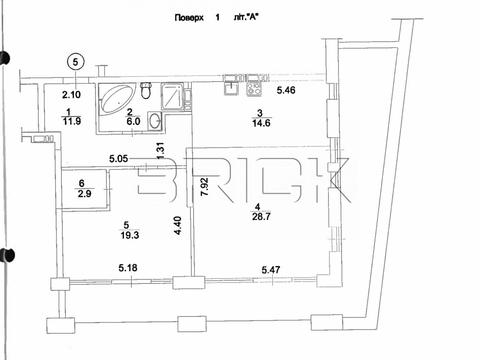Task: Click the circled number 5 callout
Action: click(x=76, y=62)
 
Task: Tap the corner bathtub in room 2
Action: click(x=117, y=99)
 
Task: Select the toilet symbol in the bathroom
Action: click(x=146, y=90)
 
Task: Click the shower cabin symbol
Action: click(x=172, y=96)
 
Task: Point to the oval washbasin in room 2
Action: click(x=155, y=120)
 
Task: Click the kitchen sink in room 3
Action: click(x=231, y=86)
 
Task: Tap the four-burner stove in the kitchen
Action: click(x=254, y=86)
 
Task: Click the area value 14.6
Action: click(x=261, y=123)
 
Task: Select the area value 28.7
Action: click(x=261, y=217)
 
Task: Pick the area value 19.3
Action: click(x=130, y=235)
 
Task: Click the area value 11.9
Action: click(x=72, y=121)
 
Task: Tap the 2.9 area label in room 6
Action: click(x=84, y=193)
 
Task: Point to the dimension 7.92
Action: click(x=204, y=187)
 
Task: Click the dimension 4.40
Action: click(x=178, y=226)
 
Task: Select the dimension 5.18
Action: click(x=128, y=268)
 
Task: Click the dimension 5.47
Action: click(x=271, y=269)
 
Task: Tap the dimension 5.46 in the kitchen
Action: click(x=286, y=90)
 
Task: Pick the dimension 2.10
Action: click(x=71, y=95)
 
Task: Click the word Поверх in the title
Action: click(x=189, y=17)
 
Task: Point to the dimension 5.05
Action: click(x=119, y=159)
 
